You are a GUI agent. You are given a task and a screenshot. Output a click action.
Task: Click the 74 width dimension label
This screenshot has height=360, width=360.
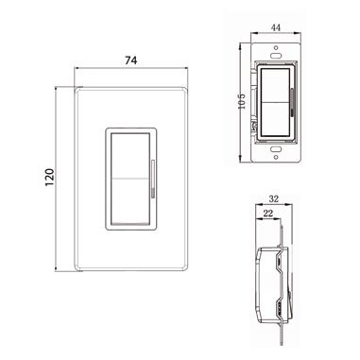[x=131, y=60]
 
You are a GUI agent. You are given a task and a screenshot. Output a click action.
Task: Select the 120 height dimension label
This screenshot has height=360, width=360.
[x=50, y=178]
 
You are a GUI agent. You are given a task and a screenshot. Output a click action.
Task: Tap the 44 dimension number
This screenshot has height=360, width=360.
[x=276, y=27]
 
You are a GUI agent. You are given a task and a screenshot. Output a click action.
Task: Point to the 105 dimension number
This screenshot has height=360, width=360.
[x=242, y=101]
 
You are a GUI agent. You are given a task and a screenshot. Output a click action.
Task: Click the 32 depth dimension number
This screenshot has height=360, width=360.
[x=274, y=199]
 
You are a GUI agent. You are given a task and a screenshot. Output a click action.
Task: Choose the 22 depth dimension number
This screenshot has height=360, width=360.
[x=267, y=214]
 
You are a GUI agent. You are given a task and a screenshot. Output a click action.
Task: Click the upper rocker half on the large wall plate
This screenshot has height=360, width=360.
[x=129, y=156]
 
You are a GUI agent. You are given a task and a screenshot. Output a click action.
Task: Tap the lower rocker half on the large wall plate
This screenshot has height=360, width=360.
[x=129, y=201]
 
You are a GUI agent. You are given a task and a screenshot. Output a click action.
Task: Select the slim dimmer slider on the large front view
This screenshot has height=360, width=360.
[x=153, y=179]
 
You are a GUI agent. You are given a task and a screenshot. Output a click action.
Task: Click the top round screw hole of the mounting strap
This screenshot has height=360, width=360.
[x=276, y=48]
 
